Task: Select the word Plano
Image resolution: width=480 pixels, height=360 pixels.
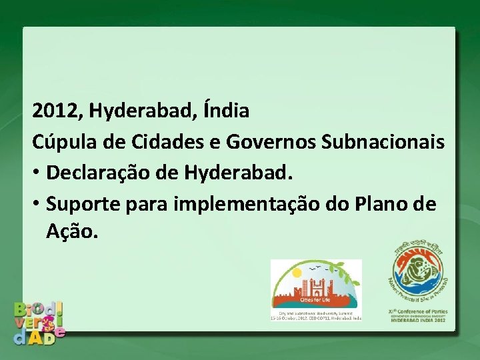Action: tap(385, 203)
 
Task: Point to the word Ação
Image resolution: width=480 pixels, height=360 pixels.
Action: tap(72, 232)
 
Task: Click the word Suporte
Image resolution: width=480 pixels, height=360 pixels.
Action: tap(83, 204)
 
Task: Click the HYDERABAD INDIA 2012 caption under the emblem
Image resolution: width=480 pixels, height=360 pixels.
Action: tap(419, 321)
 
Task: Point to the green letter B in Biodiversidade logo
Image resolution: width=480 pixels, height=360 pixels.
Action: tap(22, 309)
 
